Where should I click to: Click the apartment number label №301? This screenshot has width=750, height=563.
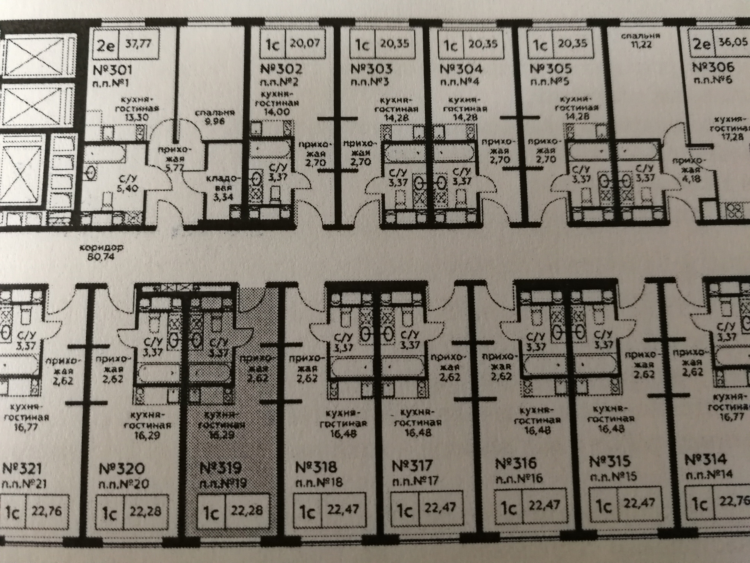click(113, 71)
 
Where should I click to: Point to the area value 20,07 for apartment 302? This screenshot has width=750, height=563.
click(305, 43)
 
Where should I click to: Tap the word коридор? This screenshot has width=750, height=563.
click(101, 248)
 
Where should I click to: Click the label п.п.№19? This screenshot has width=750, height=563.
click(223, 484)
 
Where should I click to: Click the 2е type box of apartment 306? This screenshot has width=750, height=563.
click(702, 44)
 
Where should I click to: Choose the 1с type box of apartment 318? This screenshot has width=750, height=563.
click(307, 511)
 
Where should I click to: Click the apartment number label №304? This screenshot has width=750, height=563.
click(461, 69)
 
